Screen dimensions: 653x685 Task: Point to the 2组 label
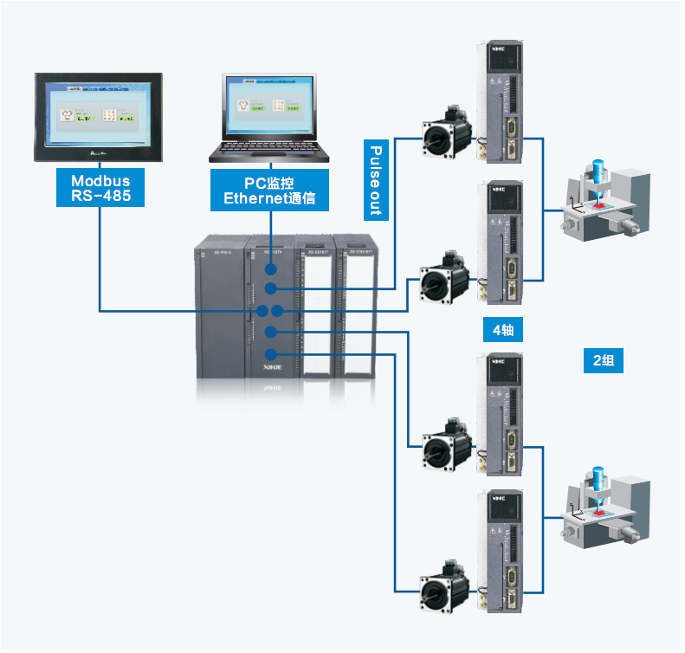604,360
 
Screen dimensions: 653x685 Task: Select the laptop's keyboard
269,149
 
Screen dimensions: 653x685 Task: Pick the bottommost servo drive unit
503,553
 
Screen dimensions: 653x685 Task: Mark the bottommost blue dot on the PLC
271,354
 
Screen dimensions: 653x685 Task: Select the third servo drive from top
503,415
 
